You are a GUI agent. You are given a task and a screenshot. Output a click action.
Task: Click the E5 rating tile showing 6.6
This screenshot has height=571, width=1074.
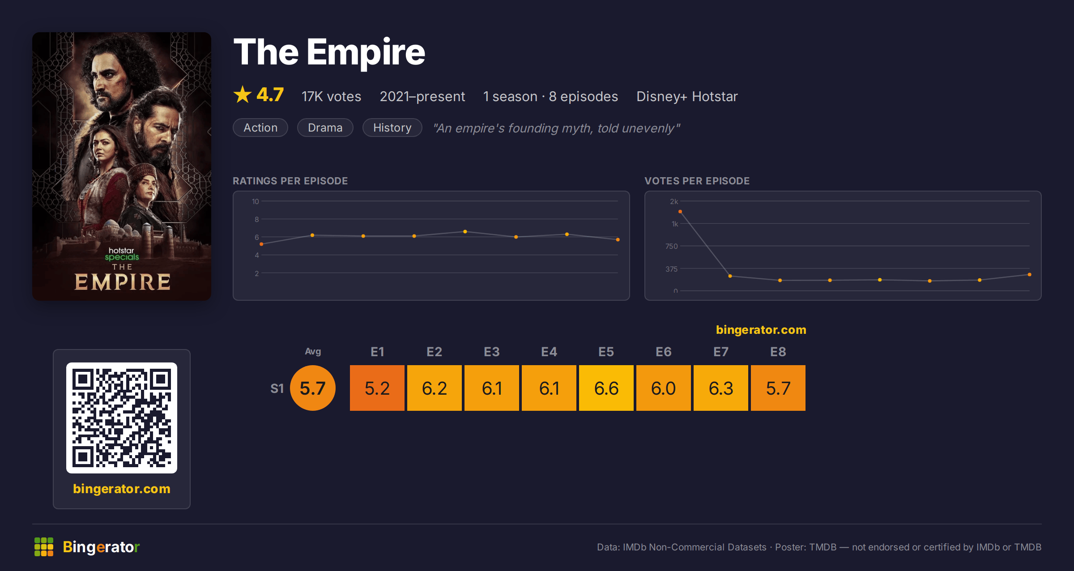pos(606,388)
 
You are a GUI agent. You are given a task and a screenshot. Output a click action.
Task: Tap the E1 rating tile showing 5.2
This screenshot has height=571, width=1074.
pos(377,388)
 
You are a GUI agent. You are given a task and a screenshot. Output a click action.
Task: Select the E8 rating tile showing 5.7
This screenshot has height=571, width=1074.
pos(778,388)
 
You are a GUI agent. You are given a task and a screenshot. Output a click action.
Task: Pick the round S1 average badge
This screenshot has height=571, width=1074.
pos(313,388)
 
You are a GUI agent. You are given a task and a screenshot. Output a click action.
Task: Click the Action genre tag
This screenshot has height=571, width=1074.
pos(260,128)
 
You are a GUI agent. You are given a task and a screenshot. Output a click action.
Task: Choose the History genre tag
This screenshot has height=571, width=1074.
pos(392,128)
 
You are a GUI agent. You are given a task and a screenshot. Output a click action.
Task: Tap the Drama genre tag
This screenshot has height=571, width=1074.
pos(325,128)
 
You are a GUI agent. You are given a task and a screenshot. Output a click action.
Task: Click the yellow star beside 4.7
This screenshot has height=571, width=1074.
pos(243,94)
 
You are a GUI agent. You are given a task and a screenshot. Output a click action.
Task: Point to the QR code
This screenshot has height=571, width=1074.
pos(122,418)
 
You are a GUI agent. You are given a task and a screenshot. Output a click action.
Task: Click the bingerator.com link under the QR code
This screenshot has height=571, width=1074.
pos(122,489)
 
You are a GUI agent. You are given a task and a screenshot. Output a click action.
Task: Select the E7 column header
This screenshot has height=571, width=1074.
pos(721,352)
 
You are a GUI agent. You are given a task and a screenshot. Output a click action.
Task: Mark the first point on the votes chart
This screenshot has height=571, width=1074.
pos(680,212)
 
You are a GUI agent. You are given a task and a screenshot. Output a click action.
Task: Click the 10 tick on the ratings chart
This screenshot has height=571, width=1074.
pos(256,201)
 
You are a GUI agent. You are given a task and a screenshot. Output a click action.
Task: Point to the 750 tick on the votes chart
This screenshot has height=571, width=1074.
pos(672,246)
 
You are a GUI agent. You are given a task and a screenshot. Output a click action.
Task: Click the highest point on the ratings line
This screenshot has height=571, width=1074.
pos(465,232)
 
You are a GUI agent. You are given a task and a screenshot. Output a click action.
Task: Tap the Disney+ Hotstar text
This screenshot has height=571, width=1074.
pos(687,96)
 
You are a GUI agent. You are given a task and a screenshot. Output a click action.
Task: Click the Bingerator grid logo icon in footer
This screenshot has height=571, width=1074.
pos(44,547)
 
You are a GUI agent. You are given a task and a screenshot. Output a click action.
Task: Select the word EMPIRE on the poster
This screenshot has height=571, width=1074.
pos(122,282)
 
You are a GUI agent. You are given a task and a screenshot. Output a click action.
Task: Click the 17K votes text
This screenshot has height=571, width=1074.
pos(331,96)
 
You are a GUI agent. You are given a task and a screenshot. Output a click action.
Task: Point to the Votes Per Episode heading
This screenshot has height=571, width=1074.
pos(697,181)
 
